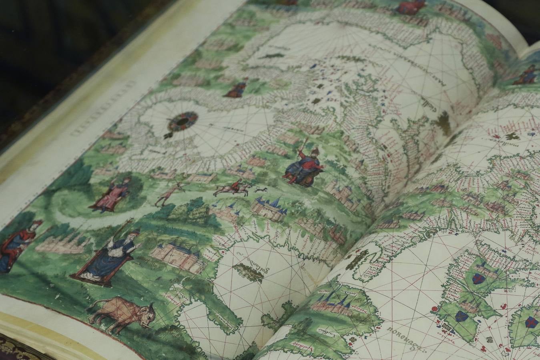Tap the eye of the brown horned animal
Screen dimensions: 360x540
[149, 316]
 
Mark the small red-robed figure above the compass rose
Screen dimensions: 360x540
[237, 89]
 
